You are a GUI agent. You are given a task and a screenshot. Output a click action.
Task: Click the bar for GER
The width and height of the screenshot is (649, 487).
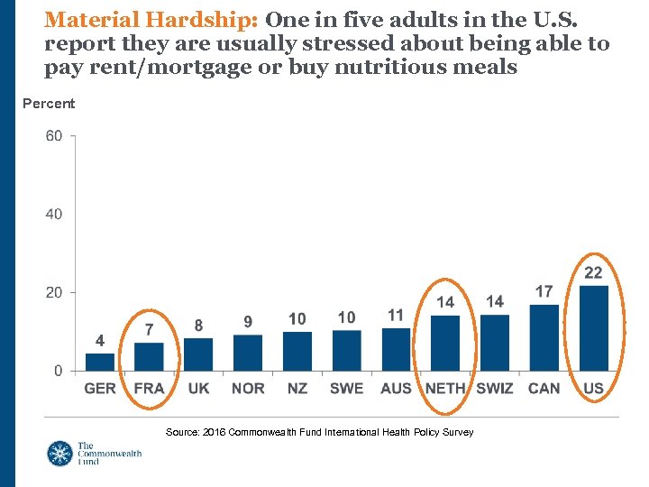click(100, 362)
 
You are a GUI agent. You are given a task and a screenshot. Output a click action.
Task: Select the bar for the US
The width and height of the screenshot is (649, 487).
click(593, 328)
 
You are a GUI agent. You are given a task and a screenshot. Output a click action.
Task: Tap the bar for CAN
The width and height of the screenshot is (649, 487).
click(544, 337)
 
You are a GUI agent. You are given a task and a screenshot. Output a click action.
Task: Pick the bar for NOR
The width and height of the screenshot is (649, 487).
click(248, 353)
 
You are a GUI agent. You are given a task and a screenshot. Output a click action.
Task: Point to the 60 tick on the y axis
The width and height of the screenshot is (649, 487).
click(53, 136)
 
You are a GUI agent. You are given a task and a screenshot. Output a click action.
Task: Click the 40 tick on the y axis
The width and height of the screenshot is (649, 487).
click(53, 215)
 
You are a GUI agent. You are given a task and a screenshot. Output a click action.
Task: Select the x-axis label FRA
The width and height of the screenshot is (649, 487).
click(150, 389)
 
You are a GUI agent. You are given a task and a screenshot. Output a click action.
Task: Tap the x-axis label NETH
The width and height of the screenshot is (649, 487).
click(445, 389)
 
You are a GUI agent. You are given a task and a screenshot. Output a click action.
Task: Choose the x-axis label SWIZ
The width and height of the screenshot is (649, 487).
click(494, 389)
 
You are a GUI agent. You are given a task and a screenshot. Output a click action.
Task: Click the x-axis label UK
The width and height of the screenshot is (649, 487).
click(198, 389)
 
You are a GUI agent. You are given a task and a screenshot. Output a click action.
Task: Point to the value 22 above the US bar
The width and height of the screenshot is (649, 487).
click(593, 272)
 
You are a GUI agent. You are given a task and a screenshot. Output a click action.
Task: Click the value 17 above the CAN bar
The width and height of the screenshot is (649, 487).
click(544, 291)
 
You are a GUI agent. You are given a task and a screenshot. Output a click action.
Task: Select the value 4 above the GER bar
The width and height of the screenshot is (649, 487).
click(100, 341)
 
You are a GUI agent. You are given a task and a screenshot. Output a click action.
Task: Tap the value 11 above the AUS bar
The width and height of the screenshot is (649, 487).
click(396, 315)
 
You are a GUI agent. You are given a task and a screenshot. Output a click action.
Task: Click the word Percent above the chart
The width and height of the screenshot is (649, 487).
click(49, 104)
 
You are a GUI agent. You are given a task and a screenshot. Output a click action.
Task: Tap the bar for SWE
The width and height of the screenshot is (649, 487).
click(346, 350)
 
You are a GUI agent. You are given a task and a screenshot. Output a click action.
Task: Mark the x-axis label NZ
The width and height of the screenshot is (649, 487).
click(297, 389)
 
